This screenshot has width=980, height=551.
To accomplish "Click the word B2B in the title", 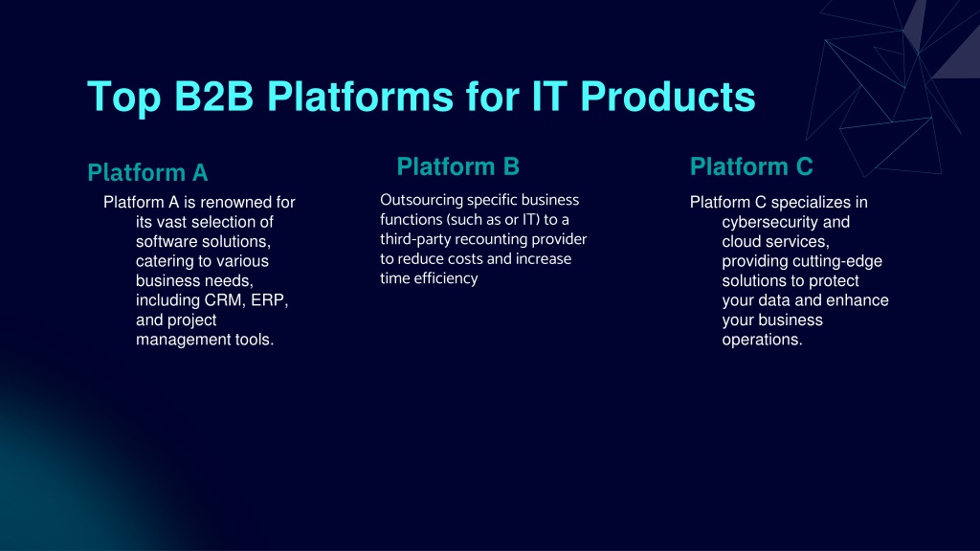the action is pos(213,97).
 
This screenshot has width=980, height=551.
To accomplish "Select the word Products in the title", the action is pos(667,97).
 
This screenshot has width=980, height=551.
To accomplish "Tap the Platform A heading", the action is pos(147,172).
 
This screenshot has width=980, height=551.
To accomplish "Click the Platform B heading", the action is pos(458,166).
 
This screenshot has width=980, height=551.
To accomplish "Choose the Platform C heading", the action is pos(751,166).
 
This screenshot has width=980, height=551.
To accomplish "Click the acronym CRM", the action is pos(225,299).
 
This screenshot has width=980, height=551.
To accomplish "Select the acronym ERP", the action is pos(269,299).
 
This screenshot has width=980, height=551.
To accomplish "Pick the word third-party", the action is pos(415,239).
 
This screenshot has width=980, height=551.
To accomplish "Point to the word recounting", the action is pos(491,239).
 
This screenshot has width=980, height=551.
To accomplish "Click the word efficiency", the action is pos(446,278).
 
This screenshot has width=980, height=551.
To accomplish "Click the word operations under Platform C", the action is pos(762,340).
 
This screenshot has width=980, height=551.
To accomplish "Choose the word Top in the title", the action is pos(124,98).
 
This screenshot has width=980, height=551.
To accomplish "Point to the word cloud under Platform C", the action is pos(742,241).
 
